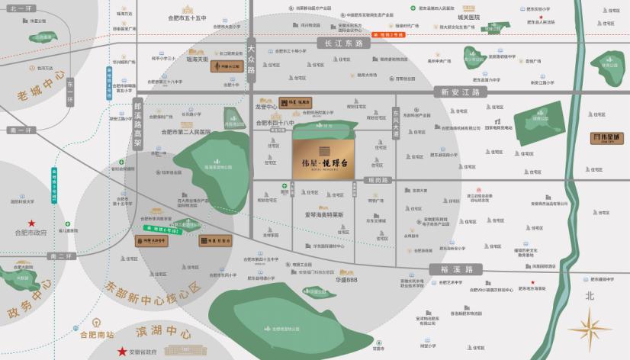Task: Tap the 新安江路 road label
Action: coord(460,92)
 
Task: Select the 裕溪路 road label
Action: coord(456,269)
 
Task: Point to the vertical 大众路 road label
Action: coord(251,59)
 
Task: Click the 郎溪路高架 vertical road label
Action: coord(138,122)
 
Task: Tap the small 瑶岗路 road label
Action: coord(378,180)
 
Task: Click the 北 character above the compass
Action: coord(589,295)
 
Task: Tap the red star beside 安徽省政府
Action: coord(122,351)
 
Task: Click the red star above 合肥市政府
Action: coord(31,223)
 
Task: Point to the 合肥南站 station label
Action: coord(97,334)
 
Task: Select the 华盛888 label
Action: coord(346,279)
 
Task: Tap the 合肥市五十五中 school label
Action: coord(188,17)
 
